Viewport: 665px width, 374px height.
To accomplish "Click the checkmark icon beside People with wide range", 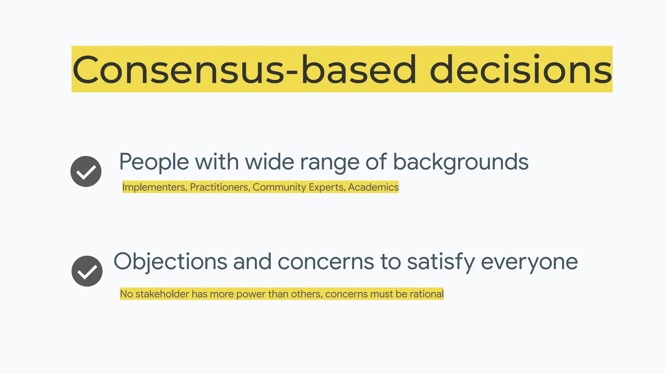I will tap(86, 171).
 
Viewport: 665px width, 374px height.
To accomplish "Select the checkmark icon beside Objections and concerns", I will tap(87, 271).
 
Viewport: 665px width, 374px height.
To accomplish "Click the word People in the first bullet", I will tap(154, 162).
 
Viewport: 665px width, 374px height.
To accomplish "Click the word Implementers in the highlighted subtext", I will tap(154, 187).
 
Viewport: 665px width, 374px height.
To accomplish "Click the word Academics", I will tap(373, 187).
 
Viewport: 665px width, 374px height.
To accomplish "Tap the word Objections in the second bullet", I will tap(170, 262).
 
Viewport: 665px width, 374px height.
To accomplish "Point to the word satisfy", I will tap(441, 262).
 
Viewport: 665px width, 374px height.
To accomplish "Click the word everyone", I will tap(529, 262).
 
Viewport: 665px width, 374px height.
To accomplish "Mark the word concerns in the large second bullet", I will tap(326, 262).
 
